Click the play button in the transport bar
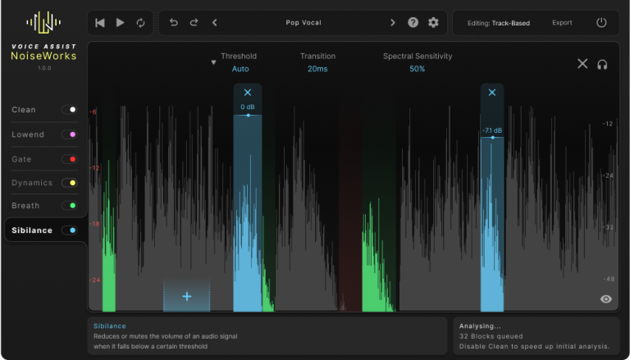120,23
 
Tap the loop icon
140,23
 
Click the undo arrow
174,22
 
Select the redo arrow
194,22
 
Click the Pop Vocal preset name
304,22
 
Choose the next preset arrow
393,22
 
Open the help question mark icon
413,22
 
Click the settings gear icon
433,22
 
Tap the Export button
562,23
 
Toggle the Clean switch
70,110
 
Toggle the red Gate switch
70,159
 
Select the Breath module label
25,206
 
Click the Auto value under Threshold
240,69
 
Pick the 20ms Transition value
317,69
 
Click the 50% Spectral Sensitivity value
417,69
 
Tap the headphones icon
602,65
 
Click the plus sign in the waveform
187,297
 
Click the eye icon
606,299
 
